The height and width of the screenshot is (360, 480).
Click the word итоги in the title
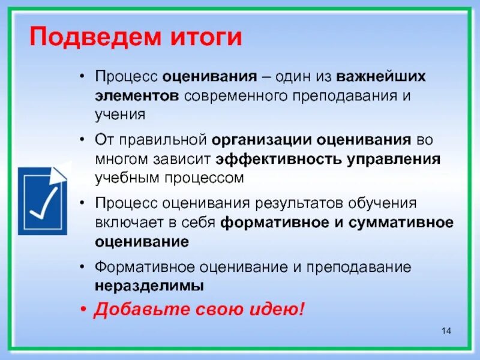(205, 38)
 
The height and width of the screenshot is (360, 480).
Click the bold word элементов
(136, 96)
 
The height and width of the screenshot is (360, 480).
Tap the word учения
(119, 113)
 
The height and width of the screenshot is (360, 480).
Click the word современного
(232, 96)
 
